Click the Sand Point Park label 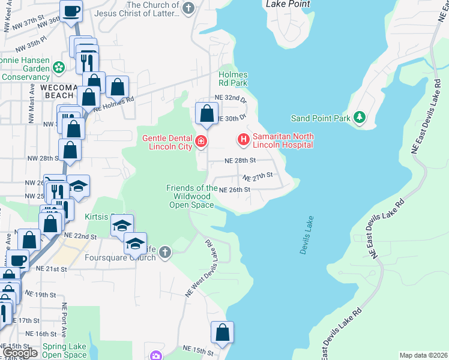point(320,118)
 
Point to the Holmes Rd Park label point(233,79)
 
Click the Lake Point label point(288,4)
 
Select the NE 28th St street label point(240,161)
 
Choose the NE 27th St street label point(258,176)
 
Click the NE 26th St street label point(234,190)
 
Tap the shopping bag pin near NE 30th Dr point(206,113)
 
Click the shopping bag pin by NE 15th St point(222,332)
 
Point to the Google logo point(20,353)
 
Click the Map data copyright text point(423,355)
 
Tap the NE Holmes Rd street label point(113,102)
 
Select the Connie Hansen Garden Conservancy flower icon point(59,68)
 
